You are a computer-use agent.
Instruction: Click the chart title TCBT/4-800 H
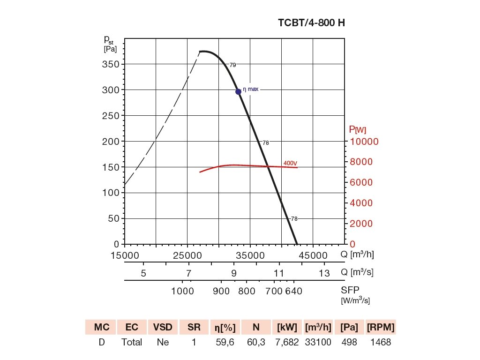click(312, 22)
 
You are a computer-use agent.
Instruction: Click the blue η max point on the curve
click(238, 91)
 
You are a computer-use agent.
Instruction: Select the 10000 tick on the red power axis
click(365, 142)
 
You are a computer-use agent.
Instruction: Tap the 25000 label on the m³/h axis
click(187, 255)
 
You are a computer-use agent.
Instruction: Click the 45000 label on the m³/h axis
click(314, 255)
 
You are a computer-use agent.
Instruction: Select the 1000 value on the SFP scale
click(183, 291)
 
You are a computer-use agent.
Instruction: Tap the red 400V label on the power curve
click(290, 163)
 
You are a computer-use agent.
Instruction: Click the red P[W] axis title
click(357, 130)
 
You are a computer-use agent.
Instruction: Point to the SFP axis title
click(350, 290)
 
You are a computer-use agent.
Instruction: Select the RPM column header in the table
click(380, 327)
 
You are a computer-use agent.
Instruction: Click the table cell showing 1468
click(380, 342)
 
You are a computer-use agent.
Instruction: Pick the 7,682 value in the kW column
click(287, 342)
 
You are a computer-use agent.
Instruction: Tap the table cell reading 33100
click(318, 342)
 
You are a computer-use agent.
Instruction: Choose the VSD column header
click(163, 327)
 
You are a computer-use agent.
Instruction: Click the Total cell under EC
click(132, 342)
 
